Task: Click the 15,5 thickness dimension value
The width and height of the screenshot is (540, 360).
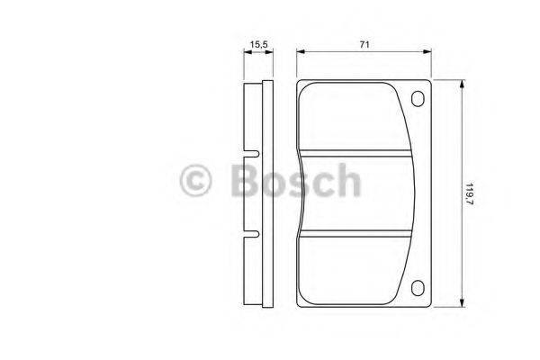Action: point(260,42)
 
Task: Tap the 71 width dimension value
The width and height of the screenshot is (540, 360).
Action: point(364,42)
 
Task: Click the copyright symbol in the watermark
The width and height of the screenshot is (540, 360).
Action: point(196,181)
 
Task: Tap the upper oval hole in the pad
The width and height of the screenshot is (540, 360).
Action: point(417,100)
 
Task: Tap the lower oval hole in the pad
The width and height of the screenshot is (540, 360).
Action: point(417,289)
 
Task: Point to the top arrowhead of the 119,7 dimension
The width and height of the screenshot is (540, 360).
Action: point(461,84)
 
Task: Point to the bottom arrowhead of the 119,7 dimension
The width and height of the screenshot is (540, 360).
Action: point(461,304)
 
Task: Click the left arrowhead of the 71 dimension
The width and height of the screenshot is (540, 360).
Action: point(301,51)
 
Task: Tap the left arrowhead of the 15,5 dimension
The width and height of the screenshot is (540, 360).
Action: point(247,51)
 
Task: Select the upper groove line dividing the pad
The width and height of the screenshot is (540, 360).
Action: point(360,150)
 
